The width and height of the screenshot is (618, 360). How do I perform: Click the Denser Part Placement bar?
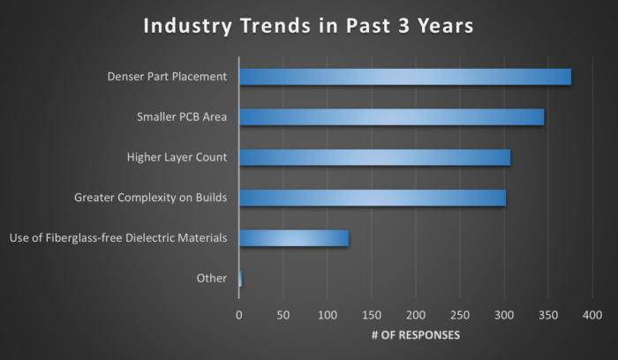click(405, 77)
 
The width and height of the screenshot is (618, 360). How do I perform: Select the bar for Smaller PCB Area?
click(391, 116)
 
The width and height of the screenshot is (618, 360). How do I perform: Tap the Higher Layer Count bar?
click(374, 157)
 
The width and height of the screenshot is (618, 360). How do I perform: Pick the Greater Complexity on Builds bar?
click(373, 197)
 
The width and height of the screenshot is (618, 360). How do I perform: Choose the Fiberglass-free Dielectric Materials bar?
click(294, 237)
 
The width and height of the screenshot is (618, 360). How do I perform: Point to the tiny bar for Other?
click(240, 278)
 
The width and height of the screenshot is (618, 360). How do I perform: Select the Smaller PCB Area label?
click(182, 116)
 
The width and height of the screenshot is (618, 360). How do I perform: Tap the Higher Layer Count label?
click(177, 157)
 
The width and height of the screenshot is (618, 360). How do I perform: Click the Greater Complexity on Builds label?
click(150, 197)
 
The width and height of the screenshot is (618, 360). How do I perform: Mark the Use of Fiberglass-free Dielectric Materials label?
click(117, 237)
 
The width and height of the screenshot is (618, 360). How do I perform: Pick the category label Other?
click(212, 278)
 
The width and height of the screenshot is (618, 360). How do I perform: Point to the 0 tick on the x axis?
click(239, 314)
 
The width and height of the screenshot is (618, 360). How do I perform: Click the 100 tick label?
click(328, 314)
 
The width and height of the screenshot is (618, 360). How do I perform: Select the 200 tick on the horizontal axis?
click(416, 314)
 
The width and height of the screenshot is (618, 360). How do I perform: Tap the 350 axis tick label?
click(548, 314)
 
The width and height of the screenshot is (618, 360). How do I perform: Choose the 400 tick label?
click(592, 314)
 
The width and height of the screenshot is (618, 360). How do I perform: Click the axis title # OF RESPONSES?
click(415, 335)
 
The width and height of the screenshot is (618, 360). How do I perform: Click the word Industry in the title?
click(187, 26)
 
